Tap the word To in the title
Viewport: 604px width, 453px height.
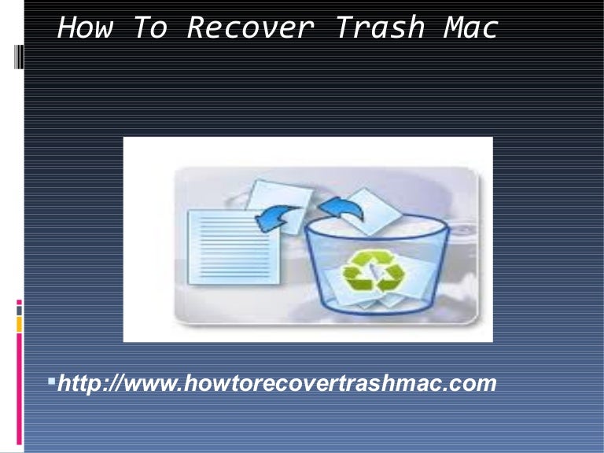tap(149, 28)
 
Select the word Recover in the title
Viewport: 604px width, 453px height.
tap(250, 28)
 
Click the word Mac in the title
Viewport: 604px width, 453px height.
tap(470, 28)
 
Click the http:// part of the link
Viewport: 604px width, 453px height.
tap(94, 384)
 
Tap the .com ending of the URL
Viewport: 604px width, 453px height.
tap(472, 384)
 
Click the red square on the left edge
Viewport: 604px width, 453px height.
tap(19, 302)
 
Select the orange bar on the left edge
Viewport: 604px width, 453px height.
tap(19, 323)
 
